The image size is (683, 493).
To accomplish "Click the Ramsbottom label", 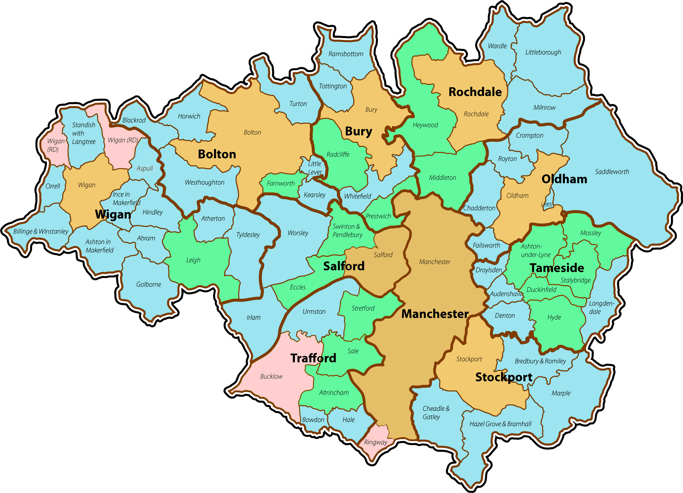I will point(346,54).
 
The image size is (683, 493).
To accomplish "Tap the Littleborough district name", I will point(543,52).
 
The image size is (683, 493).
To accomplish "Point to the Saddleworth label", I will point(612,172).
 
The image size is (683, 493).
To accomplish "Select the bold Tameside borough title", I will point(557,268).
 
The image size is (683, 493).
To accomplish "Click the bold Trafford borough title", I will point(313,358).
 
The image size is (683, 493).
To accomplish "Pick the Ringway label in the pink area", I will point(375,442).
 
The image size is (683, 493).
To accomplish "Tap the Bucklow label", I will point(271,376).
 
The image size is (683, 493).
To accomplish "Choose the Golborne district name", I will point(149,284).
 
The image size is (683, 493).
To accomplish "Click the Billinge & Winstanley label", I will point(41,231).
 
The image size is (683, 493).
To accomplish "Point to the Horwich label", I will point(189,116).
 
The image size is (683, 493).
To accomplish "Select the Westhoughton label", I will point(204,182).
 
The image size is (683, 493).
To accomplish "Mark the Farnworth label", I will point(281,183).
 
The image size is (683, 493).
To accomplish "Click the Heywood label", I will point(425,125).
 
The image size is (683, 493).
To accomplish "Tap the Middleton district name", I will point(442,178).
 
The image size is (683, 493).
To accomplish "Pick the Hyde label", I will point(554,317).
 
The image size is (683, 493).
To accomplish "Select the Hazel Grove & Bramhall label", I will point(500,424).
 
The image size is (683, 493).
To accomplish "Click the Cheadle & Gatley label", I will point(436,413).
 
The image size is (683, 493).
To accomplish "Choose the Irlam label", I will point(254,318).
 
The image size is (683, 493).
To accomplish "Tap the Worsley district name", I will point(298,233).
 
